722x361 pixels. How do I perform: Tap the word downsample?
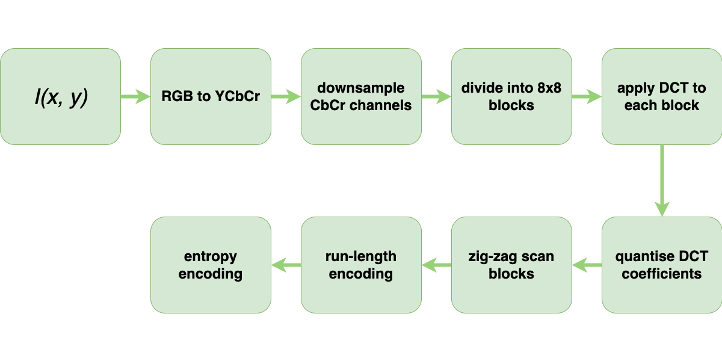tap(361, 88)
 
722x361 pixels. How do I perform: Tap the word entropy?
tap(211, 257)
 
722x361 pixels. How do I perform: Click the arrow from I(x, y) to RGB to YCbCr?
tap(135, 97)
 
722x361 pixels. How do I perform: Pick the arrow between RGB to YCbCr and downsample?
tap(286, 97)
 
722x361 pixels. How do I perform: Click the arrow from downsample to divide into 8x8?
tap(436, 97)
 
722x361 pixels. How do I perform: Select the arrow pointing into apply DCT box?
tap(587, 97)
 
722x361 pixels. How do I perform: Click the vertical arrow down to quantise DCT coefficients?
tap(662, 180)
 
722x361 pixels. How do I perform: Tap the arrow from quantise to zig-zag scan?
tap(587, 265)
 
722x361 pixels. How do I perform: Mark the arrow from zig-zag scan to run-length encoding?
tap(436, 265)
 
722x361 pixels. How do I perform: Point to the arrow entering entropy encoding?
tap(286, 265)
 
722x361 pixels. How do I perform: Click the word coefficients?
tap(662, 274)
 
